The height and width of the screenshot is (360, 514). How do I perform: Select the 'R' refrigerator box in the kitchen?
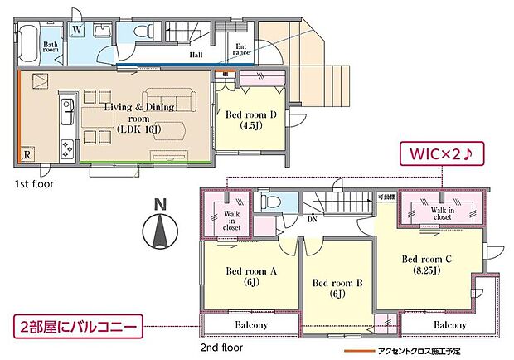(x=28, y=154)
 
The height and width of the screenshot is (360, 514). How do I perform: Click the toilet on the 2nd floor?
(x=268, y=202)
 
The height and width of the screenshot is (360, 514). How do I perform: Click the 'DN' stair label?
(x=312, y=220)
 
